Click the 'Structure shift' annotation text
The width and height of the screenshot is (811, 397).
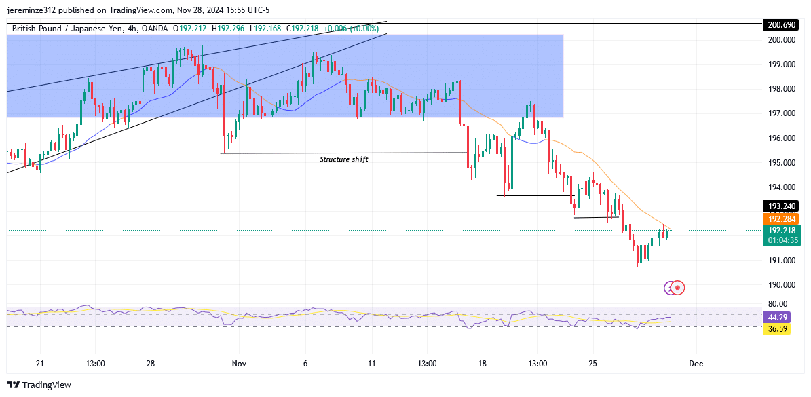344,159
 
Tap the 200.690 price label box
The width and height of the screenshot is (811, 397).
781,24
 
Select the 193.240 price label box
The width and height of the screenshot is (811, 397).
781,206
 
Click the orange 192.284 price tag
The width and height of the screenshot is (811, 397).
781,219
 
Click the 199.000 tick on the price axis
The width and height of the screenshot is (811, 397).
781,64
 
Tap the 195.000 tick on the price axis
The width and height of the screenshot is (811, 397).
781,163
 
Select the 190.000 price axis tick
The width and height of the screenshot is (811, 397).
781,285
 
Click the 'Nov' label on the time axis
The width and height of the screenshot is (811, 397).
240,364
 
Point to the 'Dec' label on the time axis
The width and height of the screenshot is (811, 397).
696,364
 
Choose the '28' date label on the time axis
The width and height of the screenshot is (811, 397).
151,364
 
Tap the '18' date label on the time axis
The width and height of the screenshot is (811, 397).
481,364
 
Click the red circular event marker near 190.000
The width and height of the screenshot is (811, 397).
678,288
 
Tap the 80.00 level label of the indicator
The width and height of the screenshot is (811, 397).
778,304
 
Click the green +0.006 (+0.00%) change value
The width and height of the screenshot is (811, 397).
351,28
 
